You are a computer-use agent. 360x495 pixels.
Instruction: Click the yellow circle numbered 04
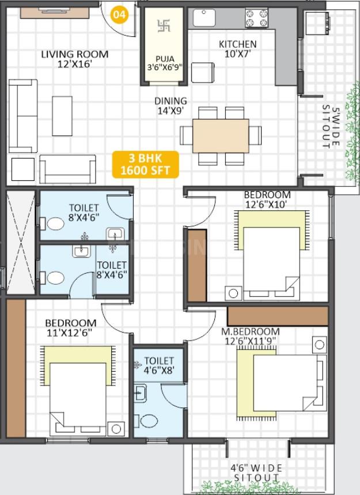(x=120, y=14)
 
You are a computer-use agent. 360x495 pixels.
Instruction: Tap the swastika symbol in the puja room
(x=164, y=26)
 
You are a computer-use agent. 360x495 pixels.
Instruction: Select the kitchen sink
(x=204, y=18)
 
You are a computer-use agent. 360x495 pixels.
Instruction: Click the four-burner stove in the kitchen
(x=256, y=18)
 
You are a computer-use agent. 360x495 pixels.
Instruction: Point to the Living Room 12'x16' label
(x=75, y=59)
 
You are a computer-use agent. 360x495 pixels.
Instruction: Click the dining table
(x=221, y=136)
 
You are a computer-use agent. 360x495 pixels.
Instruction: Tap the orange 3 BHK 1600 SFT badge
(x=146, y=164)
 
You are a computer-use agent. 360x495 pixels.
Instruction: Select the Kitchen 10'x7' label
(x=237, y=48)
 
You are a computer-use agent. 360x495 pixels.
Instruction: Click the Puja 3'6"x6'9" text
(x=165, y=63)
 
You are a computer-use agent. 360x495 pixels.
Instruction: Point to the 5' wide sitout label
(x=331, y=127)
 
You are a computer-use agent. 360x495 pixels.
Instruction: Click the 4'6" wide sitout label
(x=256, y=473)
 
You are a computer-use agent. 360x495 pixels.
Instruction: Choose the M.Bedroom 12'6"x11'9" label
(x=250, y=336)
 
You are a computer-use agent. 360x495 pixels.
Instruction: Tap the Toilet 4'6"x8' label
(x=159, y=365)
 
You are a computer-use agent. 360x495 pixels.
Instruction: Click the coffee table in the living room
(x=62, y=116)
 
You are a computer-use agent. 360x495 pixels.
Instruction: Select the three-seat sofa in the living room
(x=23, y=116)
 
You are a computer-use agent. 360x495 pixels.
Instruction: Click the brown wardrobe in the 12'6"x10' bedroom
(x=197, y=266)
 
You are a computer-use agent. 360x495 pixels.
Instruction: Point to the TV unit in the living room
(x=55, y=13)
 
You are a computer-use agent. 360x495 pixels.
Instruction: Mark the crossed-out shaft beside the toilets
(x=21, y=242)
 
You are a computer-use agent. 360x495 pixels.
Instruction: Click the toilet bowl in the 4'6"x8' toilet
(x=149, y=421)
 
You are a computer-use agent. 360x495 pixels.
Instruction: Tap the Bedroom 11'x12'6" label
(x=71, y=328)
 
